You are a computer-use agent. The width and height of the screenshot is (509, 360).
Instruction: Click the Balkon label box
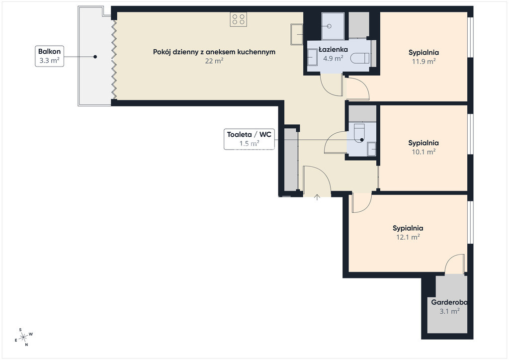tap(49, 56)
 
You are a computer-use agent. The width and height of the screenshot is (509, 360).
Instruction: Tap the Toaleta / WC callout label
tap(249, 139)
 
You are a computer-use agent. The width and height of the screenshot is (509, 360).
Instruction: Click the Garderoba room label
tap(449, 302)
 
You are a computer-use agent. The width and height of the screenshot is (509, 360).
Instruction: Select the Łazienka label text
tap(333, 49)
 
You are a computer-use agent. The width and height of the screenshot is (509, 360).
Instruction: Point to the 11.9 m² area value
tap(424, 61)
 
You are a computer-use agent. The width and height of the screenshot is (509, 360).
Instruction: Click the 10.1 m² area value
tap(424, 152)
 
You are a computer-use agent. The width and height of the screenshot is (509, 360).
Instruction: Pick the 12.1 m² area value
tap(408, 237)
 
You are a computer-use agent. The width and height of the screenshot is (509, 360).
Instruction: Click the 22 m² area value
tap(214, 61)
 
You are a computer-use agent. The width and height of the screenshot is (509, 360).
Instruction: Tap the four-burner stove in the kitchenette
tap(238, 19)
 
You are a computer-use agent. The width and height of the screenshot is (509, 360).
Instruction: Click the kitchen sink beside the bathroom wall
tap(297, 34)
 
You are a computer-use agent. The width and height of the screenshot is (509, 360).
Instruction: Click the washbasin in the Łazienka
tap(312, 57)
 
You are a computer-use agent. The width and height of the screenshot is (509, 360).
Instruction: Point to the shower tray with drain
tap(333, 26)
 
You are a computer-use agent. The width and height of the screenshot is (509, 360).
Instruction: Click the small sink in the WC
tap(371, 149)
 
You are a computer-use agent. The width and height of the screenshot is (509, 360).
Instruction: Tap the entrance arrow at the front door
tap(317, 197)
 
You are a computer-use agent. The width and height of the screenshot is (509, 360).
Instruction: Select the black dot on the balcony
tap(95, 57)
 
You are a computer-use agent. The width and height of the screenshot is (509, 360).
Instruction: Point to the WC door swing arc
tap(335, 142)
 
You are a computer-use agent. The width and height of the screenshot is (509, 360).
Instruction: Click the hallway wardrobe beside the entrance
tap(291, 160)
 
